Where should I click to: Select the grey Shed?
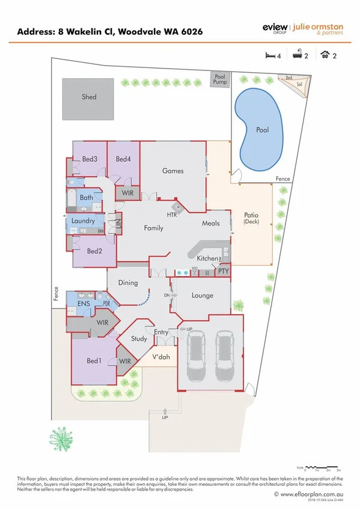click(x=89, y=97)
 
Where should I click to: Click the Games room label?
click(x=172, y=171)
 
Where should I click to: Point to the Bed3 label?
click(x=90, y=159)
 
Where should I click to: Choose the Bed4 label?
click(x=123, y=159)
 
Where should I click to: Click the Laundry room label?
click(x=83, y=221)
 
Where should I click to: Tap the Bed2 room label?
click(x=94, y=251)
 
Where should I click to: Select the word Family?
click(x=153, y=228)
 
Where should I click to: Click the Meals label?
click(x=210, y=223)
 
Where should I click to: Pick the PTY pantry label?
click(x=223, y=271)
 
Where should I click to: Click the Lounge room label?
click(x=203, y=295)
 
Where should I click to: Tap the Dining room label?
click(x=128, y=283)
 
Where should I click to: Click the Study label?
click(x=139, y=339)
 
